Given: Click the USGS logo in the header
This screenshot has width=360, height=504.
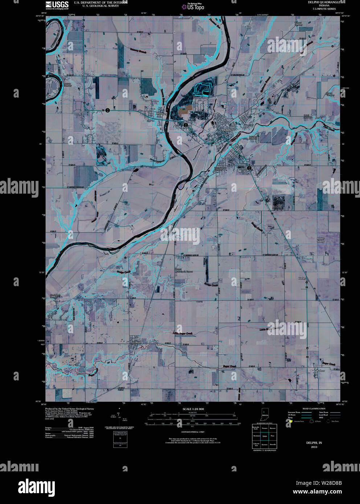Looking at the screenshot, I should point(57,5).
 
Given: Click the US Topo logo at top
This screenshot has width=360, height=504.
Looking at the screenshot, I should point(196,7).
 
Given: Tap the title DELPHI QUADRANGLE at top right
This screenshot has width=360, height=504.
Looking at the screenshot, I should point(324,2).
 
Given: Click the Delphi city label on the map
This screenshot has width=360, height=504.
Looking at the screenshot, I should point(226,130).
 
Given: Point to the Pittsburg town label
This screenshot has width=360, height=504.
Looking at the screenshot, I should point(162,113).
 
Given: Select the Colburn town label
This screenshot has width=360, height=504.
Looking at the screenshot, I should point(137,341).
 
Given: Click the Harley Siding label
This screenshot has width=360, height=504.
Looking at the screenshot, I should point(320,240).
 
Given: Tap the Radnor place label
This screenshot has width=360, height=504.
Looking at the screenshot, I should point(320,371).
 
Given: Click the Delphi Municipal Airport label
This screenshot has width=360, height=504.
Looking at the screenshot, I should point(184,270).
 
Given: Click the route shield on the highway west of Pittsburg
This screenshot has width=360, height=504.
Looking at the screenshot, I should point(107,110).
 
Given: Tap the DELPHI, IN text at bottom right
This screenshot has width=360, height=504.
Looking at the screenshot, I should point(314,443).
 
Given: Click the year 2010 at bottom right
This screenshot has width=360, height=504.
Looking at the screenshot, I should point(314,447).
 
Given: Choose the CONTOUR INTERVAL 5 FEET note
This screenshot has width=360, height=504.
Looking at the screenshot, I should point(193,432).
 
